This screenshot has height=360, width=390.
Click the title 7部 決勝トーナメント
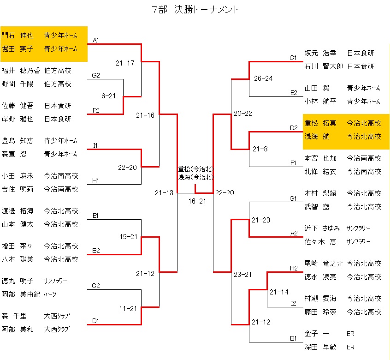tap(195, 10)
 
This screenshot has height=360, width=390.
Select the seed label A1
tap(96, 41)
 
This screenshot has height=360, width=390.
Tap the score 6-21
tap(108, 96)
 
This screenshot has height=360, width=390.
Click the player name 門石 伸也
tap(17, 35)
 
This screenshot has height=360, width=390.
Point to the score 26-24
tap(263, 78)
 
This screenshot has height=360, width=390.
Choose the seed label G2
tap(96, 75)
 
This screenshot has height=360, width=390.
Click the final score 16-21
tap(197, 201)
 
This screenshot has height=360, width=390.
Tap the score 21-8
tap(260, 149)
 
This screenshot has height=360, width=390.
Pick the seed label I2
tap(294, 303)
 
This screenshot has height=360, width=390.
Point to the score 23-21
tap(243, 274)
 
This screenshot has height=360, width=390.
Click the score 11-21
tap(128, 308)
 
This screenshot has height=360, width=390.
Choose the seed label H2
tap(294, 268)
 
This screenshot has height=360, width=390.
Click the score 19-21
tap(129, 237)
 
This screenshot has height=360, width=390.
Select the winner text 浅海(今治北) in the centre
tap(195, 177)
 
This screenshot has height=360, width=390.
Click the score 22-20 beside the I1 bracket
tap(127, 167)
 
